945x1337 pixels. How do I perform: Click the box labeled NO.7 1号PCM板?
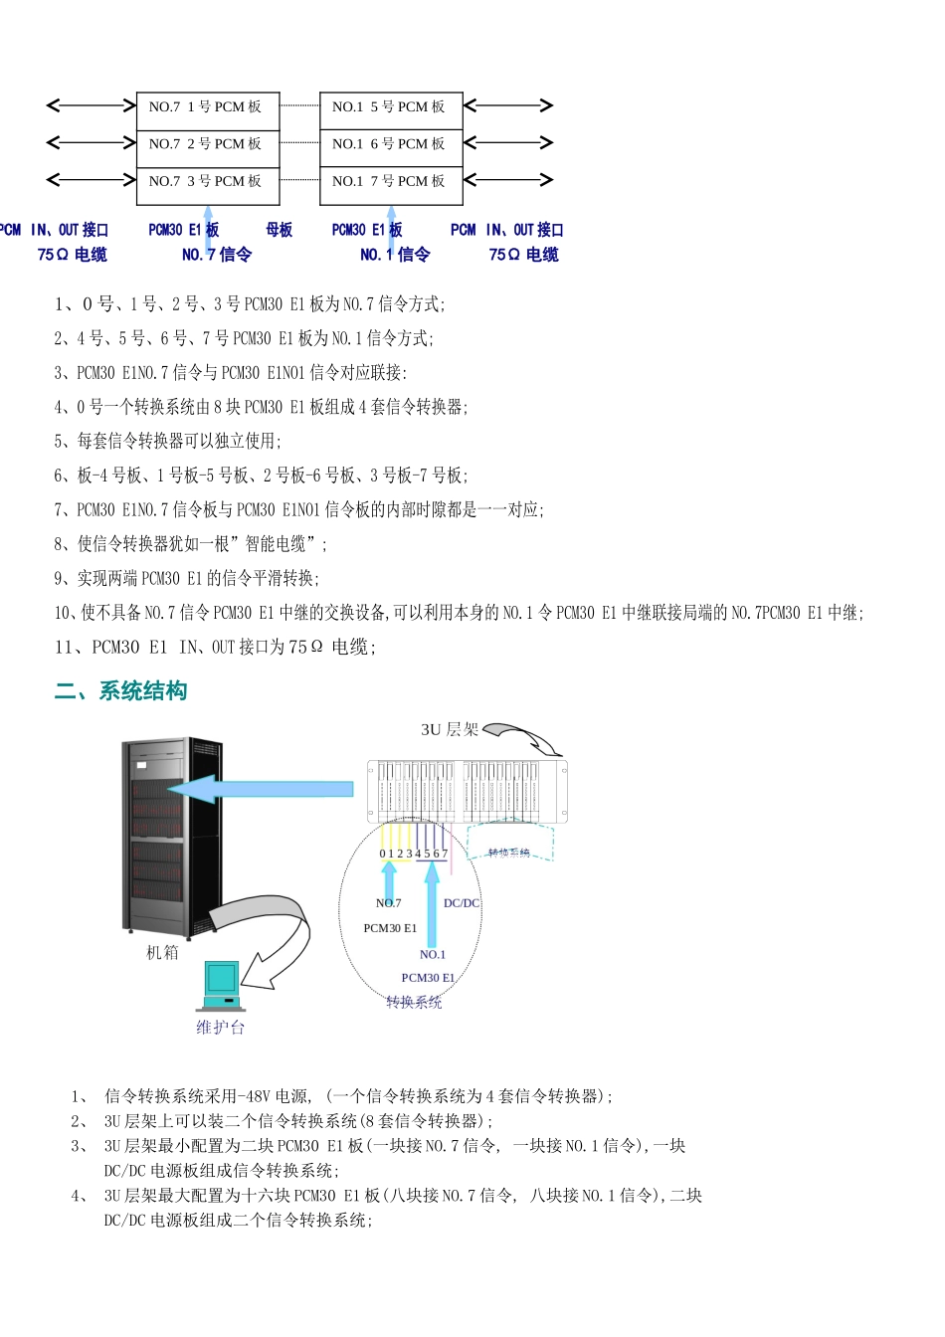click(206, 106)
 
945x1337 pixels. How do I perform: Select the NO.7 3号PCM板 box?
click(206, 181)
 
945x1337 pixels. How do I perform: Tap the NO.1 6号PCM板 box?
click(389, 144)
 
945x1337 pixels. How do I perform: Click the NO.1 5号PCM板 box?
click(389, 106)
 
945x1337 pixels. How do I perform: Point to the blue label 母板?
click(280, 230)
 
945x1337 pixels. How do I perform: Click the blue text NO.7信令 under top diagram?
click(217, 255)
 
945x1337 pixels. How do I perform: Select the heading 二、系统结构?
click(120, 691)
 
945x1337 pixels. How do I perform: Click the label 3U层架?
click(450, 730)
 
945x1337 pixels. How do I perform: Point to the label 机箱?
click(162, 952)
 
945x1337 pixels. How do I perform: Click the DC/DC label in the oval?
click(462, 903)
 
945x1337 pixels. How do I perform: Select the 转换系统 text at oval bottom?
click(414, 1002)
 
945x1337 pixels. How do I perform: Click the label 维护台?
click(220, 1028)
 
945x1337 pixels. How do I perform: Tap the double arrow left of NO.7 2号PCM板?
click(92, 143)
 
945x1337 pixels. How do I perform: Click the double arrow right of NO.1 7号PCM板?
click(507, 180)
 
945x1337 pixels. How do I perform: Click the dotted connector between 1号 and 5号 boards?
click(299, 105)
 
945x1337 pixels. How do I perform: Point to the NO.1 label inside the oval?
click(433, 954)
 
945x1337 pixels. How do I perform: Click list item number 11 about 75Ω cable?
click(215, 648)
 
